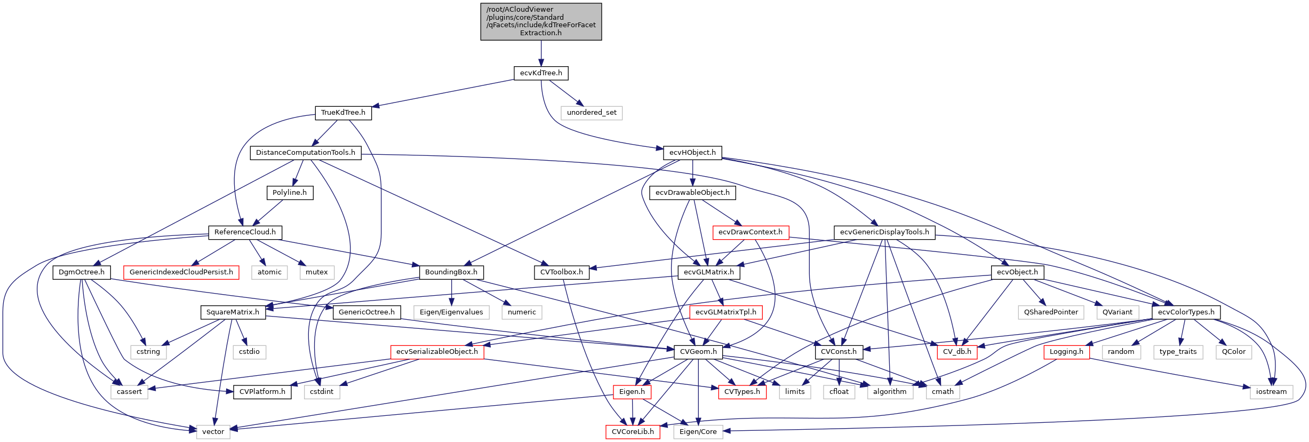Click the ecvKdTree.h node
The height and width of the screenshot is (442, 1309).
(541, 73)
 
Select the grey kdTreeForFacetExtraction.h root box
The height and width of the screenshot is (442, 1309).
(541, 21)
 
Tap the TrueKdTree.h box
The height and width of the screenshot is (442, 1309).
(343, 113)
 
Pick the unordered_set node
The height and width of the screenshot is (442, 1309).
(592, 113)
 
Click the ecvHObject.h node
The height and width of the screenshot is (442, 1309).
(692, 153)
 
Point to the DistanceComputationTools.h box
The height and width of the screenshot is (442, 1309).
(305, 153)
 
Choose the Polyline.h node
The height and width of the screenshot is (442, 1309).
(290, 193)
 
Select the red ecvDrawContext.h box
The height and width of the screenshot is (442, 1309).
(750, 232)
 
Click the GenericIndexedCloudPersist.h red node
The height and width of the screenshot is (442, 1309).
(181, 272)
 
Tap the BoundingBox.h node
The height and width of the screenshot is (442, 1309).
(451, 272)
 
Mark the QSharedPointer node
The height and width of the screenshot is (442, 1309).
(1050, 312)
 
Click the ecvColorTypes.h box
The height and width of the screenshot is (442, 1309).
(1186, 312)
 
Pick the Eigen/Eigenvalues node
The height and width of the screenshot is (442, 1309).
(451, 312)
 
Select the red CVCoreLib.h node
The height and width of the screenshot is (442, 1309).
(633, 432)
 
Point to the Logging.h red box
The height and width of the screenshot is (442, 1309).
(1066, 352)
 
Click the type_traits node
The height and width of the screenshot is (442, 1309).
(1178, 352)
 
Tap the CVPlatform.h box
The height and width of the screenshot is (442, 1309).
(262, 392)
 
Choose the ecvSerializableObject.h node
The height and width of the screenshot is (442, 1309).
(437, 352)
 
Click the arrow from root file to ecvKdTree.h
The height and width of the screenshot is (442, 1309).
(541, 53)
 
